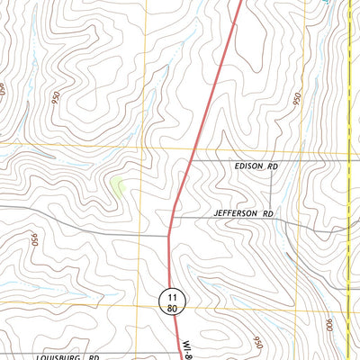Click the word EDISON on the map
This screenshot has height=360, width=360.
247,167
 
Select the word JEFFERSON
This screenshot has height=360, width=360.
237,213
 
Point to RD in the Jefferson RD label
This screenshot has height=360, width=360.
267,213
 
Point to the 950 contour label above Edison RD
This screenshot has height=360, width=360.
297,98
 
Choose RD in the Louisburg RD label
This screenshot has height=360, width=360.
93,356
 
